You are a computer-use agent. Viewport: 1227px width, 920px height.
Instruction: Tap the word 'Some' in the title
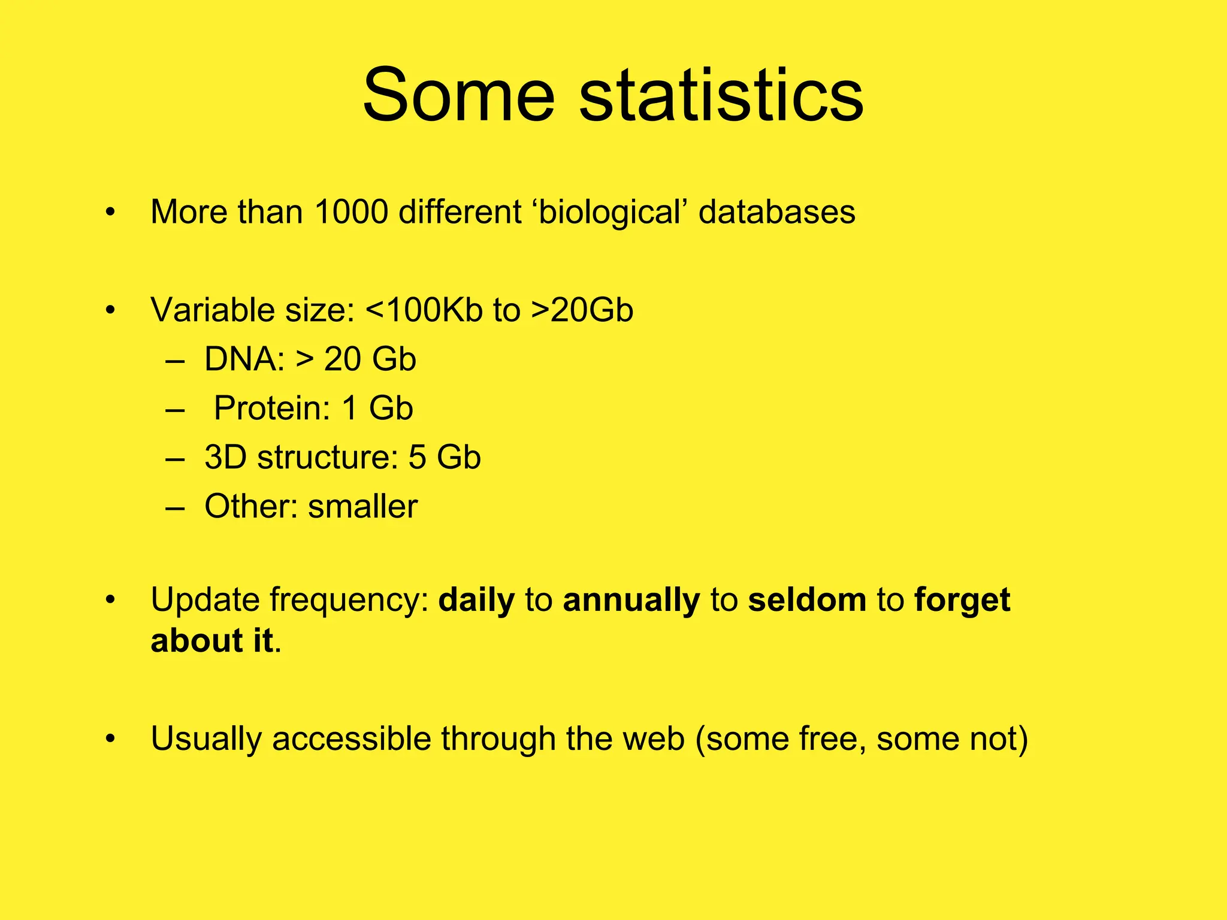click(x=459, y=96)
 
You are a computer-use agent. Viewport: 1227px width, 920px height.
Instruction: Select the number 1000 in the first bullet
click(x=351, y=212)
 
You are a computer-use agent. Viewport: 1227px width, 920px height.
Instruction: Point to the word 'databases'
click(x=776, y=212)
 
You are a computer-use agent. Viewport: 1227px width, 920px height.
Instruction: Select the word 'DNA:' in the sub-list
click(x=244, y=359)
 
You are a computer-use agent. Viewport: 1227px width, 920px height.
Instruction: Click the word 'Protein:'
click(x=272, y=408)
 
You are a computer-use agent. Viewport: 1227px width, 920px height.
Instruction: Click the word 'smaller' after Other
click(x=362, y=507)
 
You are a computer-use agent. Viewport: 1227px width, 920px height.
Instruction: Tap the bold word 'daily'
click(x=476, y=600)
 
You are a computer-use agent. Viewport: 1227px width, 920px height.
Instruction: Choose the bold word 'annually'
click(x=631, y=600)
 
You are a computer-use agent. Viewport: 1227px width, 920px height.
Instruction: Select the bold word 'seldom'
click(x=807, y=600)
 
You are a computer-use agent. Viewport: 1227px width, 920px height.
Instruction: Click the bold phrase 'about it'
click(x=212, y=641)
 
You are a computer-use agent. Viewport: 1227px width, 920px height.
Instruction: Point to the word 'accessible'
click(x=351, y=739)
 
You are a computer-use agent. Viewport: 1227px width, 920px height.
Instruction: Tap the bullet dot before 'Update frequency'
click(x=110, y=600)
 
